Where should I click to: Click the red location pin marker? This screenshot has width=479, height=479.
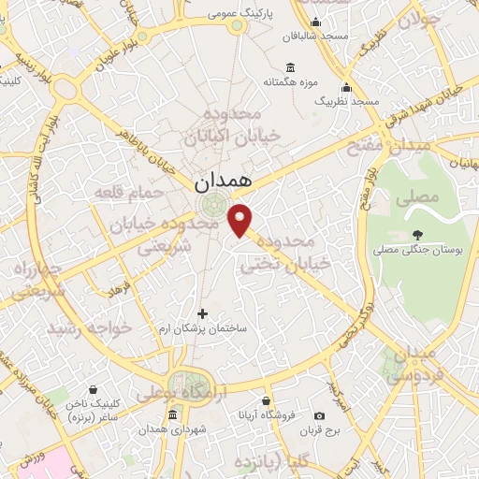tap(241, 220)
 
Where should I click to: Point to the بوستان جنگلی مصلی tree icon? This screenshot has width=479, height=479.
tap(416, 236)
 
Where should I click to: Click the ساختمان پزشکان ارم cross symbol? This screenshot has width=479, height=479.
tap(203, 312)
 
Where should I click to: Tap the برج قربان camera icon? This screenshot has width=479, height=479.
tap(320, 415)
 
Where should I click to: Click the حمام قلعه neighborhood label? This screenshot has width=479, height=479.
tap(129, 191)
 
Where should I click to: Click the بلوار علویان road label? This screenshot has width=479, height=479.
tap(111, 54)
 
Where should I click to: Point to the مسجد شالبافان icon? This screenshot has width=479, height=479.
tap(316, 22)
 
